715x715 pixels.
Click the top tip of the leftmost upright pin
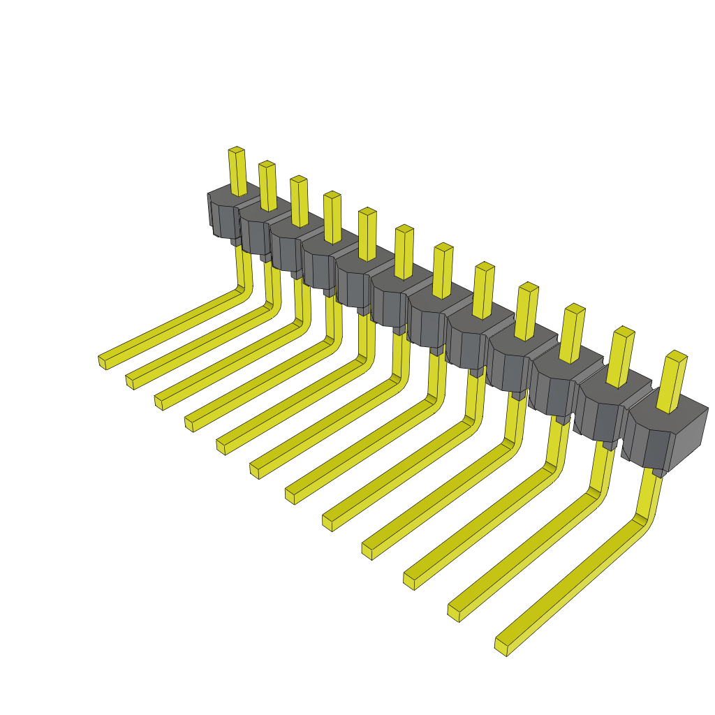pyautogui.click(x=237, y=150)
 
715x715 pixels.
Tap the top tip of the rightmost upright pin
pyautogui.click(x=677, y=355)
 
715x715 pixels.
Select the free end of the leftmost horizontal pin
pyautogui.click(x=102, y=361)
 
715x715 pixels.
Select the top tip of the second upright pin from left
pyautogui.click(x=266, y=165)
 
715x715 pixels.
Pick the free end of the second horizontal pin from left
pyautogui.click(x=130, y=381)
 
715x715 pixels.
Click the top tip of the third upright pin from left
pyautogui.click(x=298, y=179)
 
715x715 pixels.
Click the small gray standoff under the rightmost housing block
pyautogui.click(x=658, y=473)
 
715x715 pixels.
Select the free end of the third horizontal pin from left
pyautogui.click(x=159, y=401)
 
